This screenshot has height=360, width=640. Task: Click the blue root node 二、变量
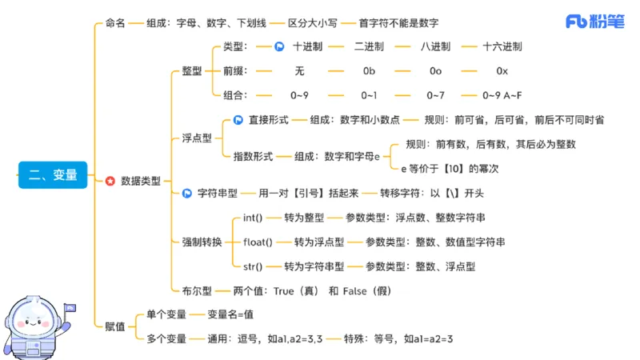click(53, 174)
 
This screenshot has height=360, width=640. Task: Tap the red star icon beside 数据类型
click(110, 181)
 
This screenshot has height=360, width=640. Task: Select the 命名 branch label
click(115, 23)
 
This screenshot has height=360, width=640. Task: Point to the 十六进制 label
click(502, 46)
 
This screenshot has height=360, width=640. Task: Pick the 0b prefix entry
click(369, 71)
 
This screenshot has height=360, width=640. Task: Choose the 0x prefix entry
click(502, 71)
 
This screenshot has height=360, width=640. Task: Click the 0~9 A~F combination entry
click(502, 95)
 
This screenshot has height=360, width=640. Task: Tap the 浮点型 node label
click(196, 138)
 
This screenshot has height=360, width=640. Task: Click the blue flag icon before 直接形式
click(238, 120)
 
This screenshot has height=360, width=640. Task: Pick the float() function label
click(258, 242)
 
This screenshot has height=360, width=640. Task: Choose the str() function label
click(253, 266)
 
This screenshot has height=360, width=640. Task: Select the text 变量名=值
click(230, 315)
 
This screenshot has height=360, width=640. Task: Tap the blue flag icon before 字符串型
click(186, 193)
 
